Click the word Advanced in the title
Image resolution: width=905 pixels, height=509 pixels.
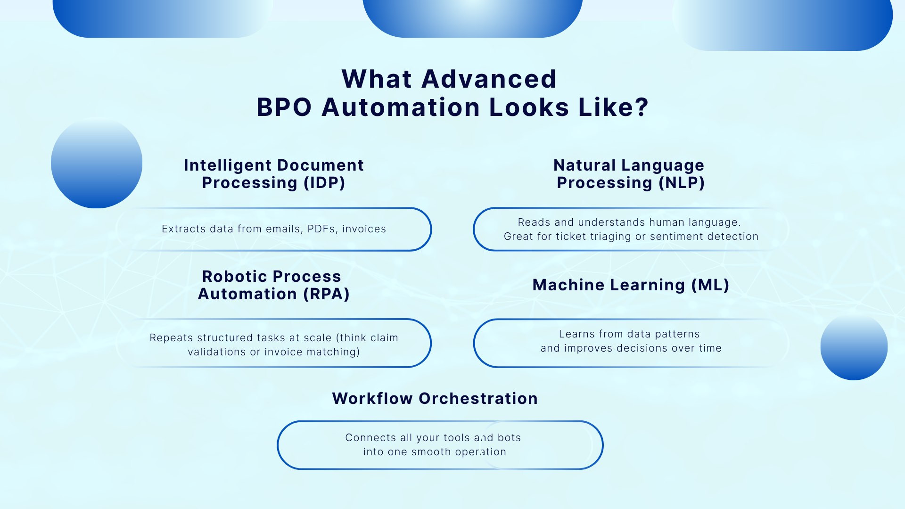[489, 79]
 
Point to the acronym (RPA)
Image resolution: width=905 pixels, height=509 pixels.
[326, 294]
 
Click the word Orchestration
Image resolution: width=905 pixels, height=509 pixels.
[478, 399]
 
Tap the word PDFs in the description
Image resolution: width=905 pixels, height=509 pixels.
[321, 229]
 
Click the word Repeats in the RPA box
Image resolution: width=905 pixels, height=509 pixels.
[171, 338]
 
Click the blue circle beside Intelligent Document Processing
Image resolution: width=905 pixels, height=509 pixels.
[97, 163]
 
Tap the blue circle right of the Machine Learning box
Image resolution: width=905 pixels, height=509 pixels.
[854, 347]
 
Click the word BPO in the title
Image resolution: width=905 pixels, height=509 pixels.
[284, 107]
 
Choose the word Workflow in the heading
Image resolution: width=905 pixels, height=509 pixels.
[372, 399]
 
